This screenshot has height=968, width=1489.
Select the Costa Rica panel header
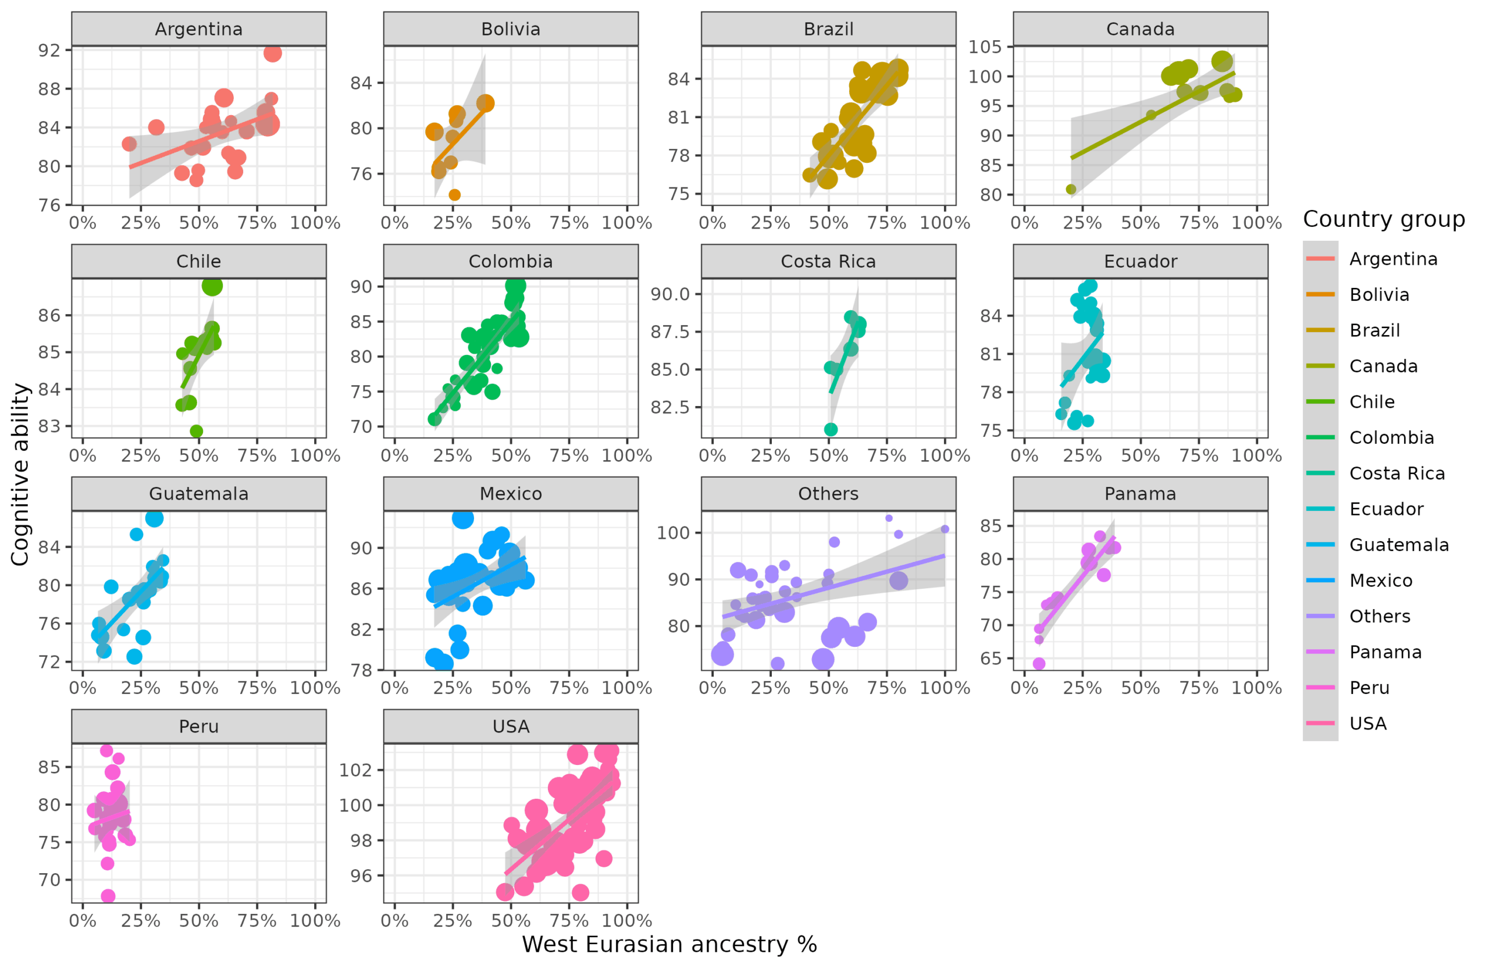pos(828,262)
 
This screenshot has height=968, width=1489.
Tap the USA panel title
pos(511,727)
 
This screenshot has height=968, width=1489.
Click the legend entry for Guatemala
pos(1398,545)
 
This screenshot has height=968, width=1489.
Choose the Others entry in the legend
pos(1380,616)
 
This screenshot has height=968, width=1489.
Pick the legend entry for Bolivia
pos(1379,295)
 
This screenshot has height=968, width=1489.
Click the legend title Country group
pos(1383,219)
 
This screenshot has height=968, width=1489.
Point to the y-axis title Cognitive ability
pos(20,474)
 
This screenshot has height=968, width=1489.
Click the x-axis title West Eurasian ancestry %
pos(669,944)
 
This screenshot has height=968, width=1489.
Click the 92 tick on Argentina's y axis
pos(49,50)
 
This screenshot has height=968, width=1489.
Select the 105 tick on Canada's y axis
pos(985,47)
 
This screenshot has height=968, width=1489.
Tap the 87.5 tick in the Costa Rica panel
pos(669,332)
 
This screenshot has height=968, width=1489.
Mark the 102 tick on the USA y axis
pos(355,770)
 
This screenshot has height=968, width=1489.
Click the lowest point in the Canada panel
pos(1070,190)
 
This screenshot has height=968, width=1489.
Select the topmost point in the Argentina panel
pos(272,53)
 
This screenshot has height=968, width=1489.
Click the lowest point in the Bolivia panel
pos(455,195)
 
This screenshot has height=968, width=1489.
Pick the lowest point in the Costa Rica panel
pos(830,429)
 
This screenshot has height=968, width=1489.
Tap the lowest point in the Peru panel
pos(108,896)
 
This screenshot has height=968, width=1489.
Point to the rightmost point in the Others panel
pos(945,529)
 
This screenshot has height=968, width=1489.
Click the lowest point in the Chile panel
pos(196,431)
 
